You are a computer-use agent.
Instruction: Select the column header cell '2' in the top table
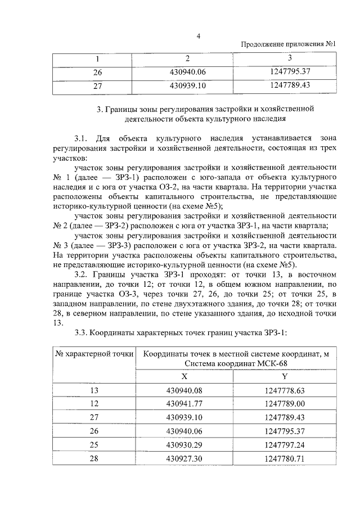click(x=187, y=58)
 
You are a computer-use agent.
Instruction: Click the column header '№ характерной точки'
click(x=94, y=354)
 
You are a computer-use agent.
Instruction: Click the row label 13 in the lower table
click(x=94, y=390)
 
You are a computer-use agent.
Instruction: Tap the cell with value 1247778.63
click(x=285, y=390)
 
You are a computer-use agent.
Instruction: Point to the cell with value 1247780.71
click(x=285, y=458)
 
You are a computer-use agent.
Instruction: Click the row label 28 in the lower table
click(x=94, y=458)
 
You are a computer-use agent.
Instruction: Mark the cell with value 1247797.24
click(x=285, y=444)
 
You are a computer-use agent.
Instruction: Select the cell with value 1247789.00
click(x=285, y=404)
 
